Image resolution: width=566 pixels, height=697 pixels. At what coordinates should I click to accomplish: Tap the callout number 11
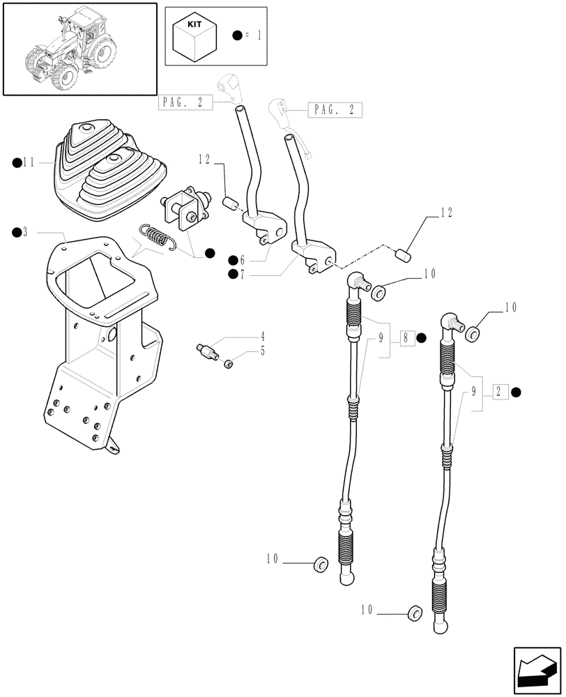29,162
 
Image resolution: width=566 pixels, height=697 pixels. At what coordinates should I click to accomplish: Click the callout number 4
243,336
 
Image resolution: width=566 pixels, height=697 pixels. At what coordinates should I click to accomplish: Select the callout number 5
243,351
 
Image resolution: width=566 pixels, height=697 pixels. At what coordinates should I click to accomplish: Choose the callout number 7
241,274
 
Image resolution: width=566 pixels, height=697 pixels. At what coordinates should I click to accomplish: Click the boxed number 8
406,339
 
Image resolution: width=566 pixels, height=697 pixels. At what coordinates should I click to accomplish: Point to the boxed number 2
499,392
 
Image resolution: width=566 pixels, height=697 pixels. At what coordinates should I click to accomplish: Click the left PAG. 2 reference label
184,102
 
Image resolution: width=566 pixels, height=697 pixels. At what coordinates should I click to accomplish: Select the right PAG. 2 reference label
334,109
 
